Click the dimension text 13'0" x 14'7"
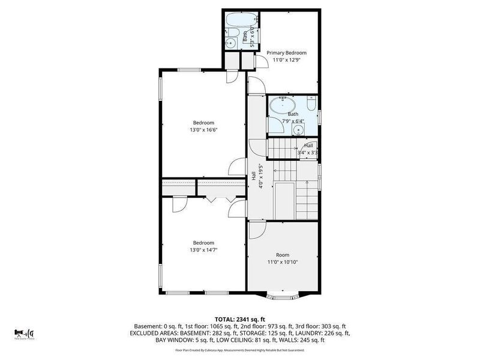click(203, 250)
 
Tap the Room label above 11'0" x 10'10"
click(282, 254)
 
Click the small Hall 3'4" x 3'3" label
click(308, 149)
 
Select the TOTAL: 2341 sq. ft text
click(239, 319)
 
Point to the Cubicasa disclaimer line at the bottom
click(239, 350)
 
